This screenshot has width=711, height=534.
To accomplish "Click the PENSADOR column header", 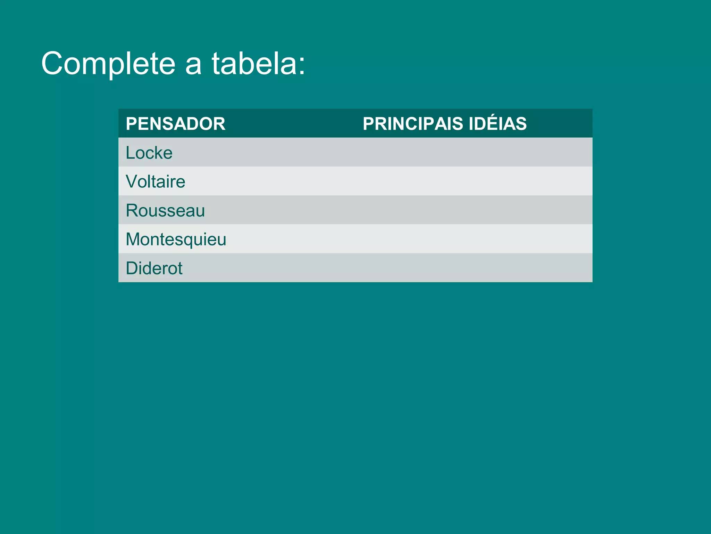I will (x=175, y=124).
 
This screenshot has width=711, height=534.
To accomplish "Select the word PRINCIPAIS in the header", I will (x=413, y=124).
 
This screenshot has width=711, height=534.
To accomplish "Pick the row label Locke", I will (x=149, y=153).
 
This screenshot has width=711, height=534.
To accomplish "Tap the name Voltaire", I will (x=155, y=181).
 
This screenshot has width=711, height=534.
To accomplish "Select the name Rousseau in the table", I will (x=165, y=210).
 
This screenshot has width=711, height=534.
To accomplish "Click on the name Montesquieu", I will (x=176, y=239).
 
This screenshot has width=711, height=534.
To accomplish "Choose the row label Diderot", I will (x=154, y=268).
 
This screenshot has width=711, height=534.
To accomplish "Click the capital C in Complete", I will (x=53, y=63).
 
